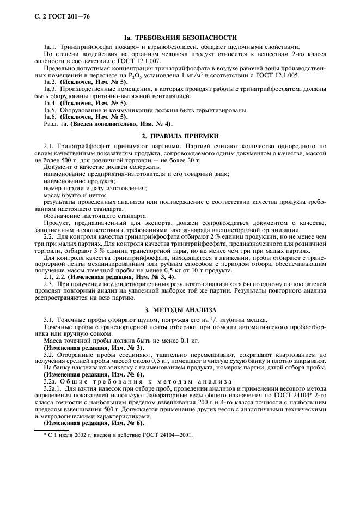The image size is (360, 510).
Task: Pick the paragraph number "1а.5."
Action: [x=50, y=110]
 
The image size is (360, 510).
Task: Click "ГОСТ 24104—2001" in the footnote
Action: [x=162, y=435]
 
